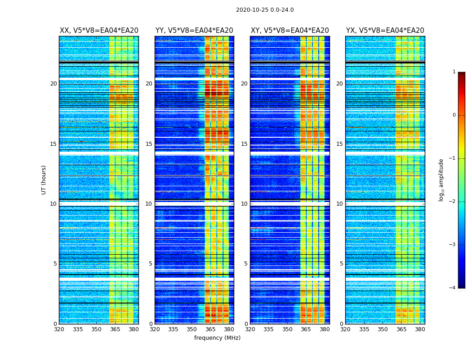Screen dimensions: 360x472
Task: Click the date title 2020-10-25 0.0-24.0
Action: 265,10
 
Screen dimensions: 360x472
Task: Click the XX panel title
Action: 99,31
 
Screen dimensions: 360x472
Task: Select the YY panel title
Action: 194,31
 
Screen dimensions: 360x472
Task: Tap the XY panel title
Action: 289,31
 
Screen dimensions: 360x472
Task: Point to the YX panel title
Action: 385,31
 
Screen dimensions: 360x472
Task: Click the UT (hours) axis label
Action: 44,180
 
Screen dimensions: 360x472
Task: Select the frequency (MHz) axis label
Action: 217,338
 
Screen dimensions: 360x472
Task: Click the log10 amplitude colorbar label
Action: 441,180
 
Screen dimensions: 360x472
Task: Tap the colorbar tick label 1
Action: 454,72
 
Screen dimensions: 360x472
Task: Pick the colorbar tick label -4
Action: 453,288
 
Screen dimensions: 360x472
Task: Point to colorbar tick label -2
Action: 453,202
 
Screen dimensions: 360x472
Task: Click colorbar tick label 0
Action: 454,115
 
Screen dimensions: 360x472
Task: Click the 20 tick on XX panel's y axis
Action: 53,84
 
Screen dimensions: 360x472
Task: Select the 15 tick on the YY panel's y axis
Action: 149,144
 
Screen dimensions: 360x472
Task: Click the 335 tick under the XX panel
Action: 78,330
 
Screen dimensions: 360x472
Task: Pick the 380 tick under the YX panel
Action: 420,330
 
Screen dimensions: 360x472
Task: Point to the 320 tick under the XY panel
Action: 250,330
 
